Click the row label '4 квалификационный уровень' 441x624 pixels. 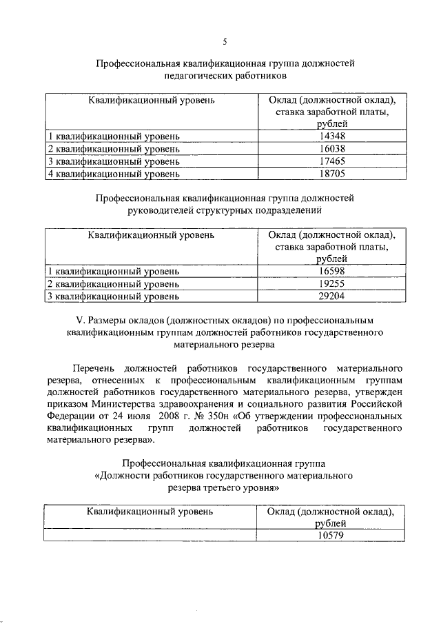pyautogui.click(x=113, y=174)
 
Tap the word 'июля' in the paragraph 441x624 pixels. pyautogui.click(x=154, y=417)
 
